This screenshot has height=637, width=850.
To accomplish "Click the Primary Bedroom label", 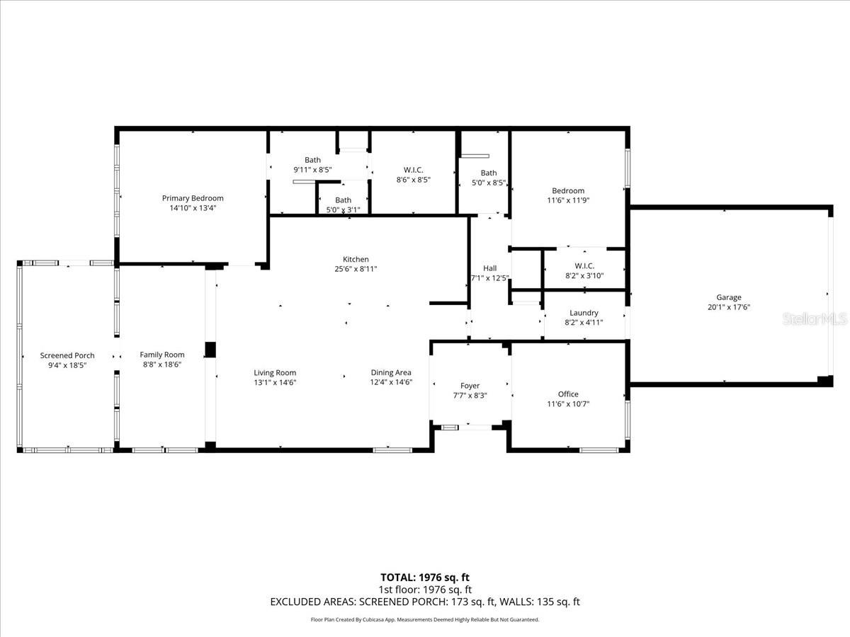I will (192, 198).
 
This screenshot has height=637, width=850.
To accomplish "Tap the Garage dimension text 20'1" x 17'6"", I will (728, 307).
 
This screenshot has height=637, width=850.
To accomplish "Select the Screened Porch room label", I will (67, 355).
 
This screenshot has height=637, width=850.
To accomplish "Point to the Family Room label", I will (161, 355).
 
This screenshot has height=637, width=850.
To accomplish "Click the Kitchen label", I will (356, 259).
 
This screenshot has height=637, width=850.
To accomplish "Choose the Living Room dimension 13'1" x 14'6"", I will (275, 382).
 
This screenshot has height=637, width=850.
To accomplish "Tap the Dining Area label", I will (391, 372).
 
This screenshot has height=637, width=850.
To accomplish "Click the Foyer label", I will (470, 386).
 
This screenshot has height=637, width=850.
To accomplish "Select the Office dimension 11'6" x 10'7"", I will (568, 404).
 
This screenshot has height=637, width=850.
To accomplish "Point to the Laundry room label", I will (584, 313).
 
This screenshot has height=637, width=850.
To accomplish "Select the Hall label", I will (489, 268).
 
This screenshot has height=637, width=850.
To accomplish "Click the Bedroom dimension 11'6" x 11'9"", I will (568, 200).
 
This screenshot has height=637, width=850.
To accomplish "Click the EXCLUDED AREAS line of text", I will (425, 602).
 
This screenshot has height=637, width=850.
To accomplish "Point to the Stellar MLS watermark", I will (813, 319).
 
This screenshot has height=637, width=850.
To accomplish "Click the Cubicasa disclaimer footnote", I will (425, 619).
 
